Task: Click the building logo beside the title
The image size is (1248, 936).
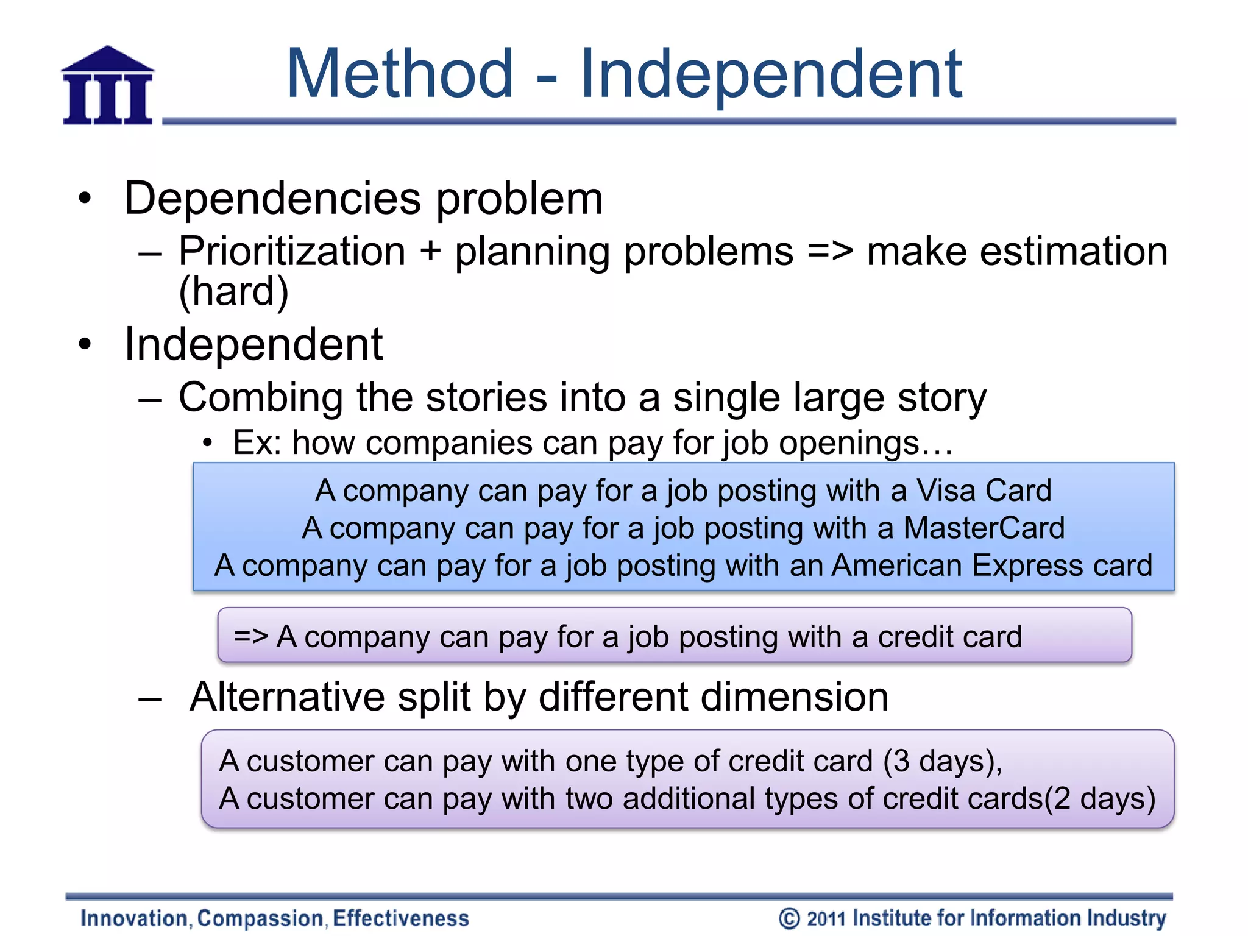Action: tap(108, 86)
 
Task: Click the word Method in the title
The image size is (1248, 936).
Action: tap(400, 74)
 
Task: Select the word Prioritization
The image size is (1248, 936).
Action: tap(292, 252)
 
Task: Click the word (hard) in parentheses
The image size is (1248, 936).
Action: tap(233, 291)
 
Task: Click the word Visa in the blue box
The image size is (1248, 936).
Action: tap(946, 491)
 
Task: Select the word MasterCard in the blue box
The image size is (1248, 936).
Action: tap(984, 528)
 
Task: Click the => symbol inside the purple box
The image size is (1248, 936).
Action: tap(250, 636)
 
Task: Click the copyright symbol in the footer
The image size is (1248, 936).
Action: tap(789, 918)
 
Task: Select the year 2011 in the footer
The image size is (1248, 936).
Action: tap(826, 918)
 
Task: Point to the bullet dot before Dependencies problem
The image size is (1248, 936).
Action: tap(85, 199)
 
